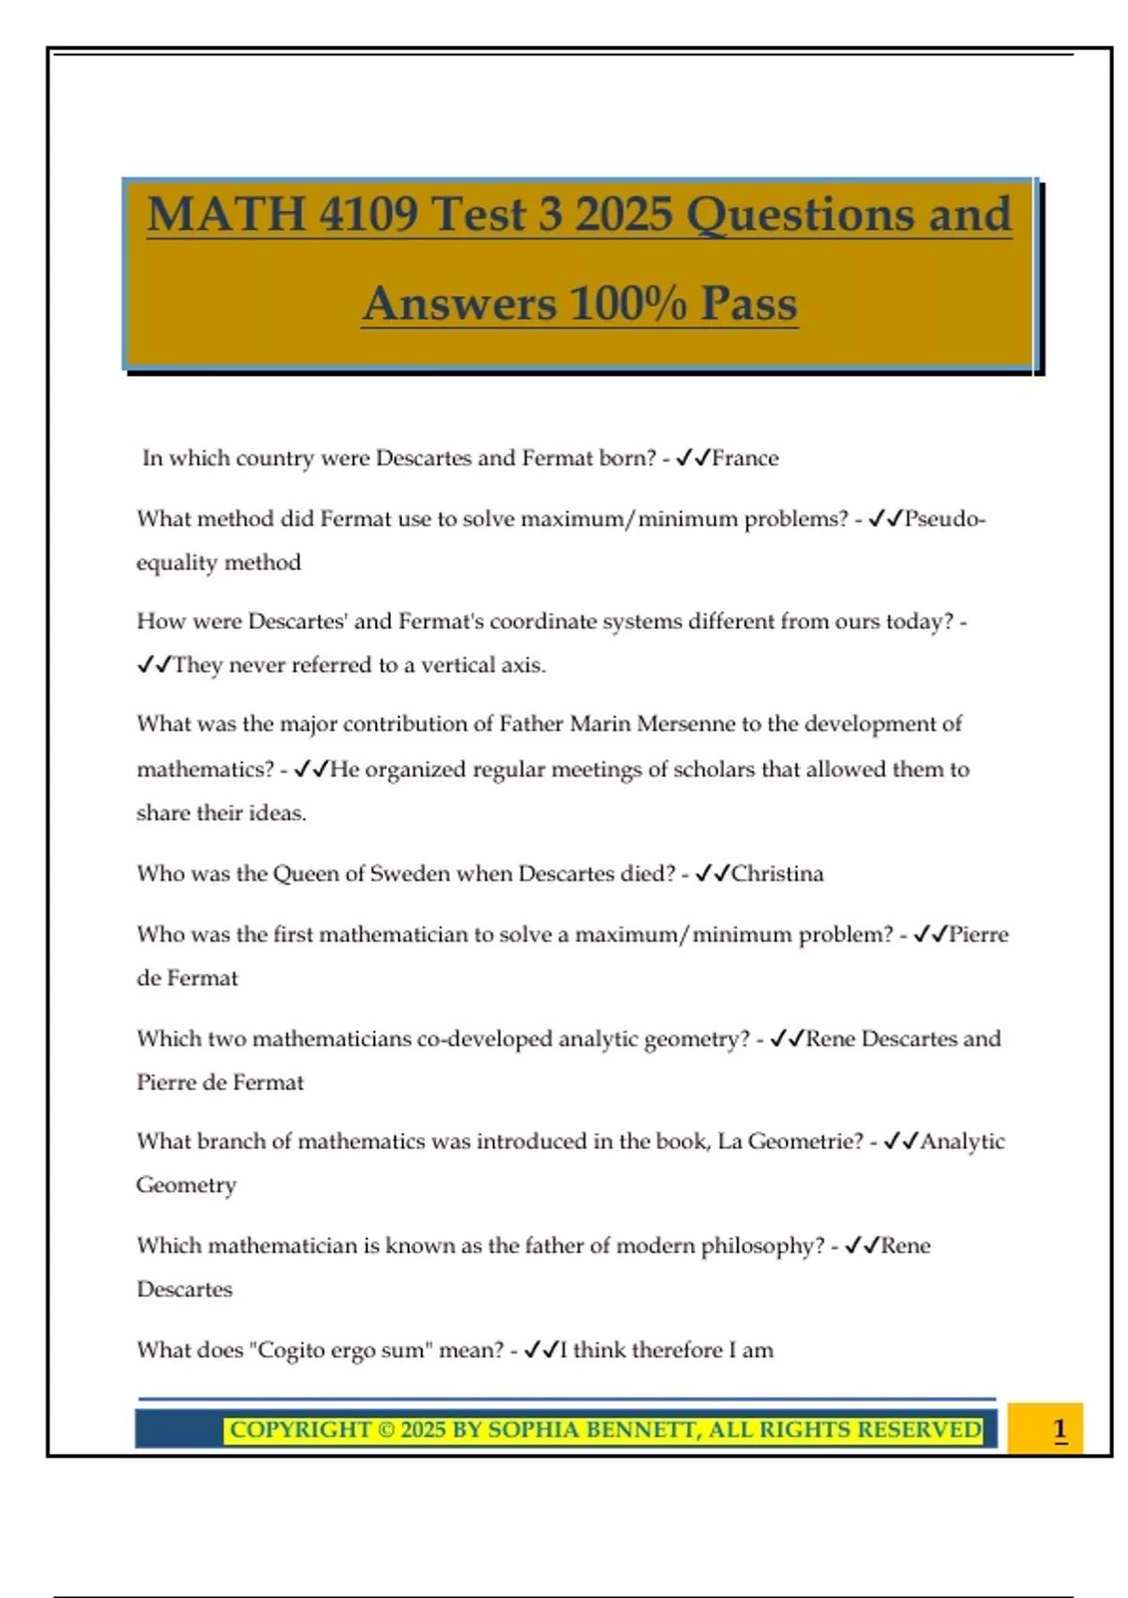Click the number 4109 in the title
click(368, 214)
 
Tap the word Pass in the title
click(748, 304)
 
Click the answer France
click(745, 459)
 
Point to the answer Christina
click(777, 874)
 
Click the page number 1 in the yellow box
click(1059, 1430)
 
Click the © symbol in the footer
click(386, 1430)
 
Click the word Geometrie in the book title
click(805, 1141)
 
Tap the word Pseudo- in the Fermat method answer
click(945, 519)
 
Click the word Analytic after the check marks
click(963, 1141)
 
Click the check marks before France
click(693, 459)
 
